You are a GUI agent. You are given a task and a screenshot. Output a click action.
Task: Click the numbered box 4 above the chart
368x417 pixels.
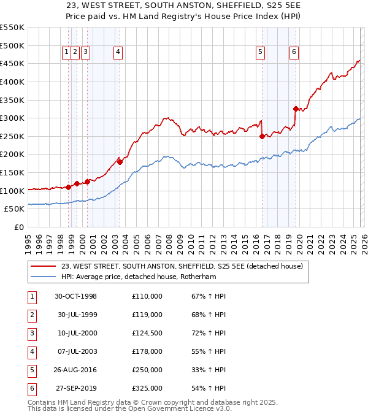[117, 53]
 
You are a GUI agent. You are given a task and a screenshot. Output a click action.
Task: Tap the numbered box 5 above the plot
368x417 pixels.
[261, 53]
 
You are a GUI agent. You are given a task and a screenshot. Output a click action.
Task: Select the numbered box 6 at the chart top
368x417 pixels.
[294, 53]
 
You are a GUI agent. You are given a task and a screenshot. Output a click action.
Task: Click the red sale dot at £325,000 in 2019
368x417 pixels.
[296, 109]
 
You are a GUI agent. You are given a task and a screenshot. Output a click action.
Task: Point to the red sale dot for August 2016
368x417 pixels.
[262, 136]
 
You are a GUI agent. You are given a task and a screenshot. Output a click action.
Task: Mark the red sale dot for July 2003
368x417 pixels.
[120, 162]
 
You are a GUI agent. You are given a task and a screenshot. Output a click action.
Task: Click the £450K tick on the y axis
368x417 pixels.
[12, 63]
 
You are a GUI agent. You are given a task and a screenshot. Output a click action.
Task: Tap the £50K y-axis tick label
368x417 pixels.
[15, 209]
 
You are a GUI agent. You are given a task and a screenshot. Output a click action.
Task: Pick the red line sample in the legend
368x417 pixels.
[43, 267]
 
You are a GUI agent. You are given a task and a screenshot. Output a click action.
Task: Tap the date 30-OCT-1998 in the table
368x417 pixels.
[76, 297]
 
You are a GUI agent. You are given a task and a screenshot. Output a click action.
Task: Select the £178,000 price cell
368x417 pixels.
[147, 351]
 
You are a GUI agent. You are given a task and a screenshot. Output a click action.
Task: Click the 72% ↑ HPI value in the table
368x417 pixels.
[209, 333]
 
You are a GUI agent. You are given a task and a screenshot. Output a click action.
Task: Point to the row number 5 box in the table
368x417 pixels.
[32, 370]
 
